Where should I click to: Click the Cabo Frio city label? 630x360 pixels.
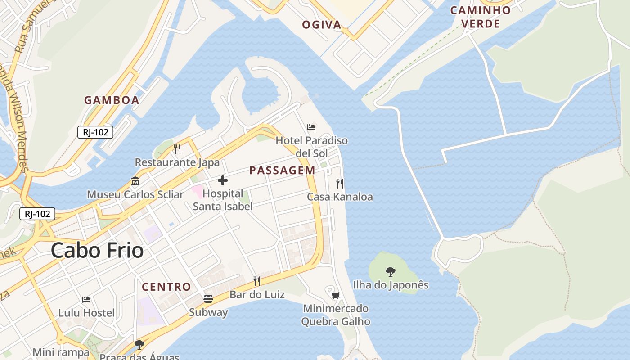97,250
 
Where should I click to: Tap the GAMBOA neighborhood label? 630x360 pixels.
112,100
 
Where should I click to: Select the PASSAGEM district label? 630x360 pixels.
282,170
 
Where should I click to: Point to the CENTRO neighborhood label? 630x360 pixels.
166,287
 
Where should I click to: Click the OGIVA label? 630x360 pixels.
322,25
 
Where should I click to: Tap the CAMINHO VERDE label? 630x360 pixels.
481,17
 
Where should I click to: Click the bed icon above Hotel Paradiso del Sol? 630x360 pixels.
311,127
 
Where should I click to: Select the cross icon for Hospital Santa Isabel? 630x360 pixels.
222,181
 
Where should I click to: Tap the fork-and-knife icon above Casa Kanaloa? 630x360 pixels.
340,184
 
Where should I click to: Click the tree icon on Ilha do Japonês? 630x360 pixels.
391,272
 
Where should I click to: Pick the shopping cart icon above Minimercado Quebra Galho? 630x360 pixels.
335,295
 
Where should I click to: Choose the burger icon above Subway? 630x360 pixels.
208,299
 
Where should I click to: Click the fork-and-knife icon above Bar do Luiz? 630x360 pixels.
257,281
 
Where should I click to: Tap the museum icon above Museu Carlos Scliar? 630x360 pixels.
135,182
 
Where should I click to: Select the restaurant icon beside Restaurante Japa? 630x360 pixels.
177,149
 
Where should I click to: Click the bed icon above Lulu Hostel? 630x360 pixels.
86,300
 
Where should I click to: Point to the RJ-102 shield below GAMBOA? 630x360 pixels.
95,132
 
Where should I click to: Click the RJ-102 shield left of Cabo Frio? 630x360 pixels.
37,214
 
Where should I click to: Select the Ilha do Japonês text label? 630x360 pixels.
391,285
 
